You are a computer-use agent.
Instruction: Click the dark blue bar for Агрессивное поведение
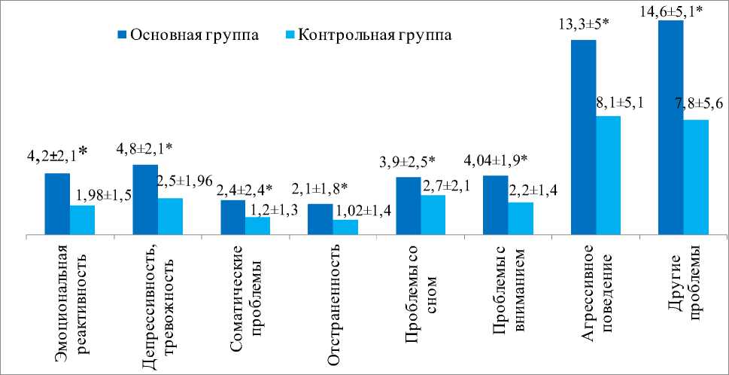[583, 137]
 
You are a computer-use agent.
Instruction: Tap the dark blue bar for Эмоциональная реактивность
[57, 204]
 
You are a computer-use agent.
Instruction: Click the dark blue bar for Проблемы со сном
[408, 206]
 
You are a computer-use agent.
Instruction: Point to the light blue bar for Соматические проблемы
[257, 226]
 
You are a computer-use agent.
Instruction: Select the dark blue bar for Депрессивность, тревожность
[145, 200]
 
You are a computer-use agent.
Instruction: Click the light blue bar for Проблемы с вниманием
[521, 218]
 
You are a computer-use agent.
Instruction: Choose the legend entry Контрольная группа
[366, 35]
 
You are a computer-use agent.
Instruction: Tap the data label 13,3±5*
[582, 27]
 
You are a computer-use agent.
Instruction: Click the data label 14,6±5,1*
[670, 10]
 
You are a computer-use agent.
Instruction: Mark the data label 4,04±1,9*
[496, 160]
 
